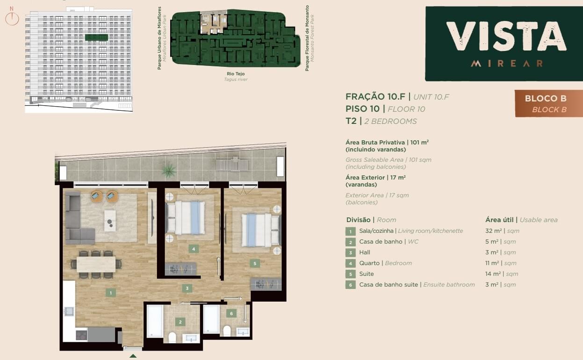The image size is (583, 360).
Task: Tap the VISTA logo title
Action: [506, 36]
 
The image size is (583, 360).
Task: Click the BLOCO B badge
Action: [549, 104]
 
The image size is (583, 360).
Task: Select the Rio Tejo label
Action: [236, 74]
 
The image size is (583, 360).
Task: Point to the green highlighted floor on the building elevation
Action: [97, 37]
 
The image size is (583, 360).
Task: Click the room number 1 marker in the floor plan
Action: [111, 293]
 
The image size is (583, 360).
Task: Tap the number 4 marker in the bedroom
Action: [194, 249]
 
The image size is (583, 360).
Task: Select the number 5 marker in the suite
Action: [254, 263]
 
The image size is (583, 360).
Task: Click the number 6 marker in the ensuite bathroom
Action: [231, 314]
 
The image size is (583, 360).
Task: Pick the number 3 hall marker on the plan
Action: [187, 288]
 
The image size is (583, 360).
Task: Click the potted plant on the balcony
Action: [169, 171]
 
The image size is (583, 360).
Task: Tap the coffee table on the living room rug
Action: [110, 221]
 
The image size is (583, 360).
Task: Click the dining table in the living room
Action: [96, 264]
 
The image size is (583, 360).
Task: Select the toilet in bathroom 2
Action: [172, 338]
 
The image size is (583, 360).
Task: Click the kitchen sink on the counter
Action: [69, 311]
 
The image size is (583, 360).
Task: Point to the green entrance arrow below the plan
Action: [133, 356]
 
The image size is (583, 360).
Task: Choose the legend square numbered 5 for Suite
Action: [351, 274]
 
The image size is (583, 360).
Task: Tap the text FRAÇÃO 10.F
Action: [375, 97]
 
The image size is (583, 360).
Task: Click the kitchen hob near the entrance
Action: [81, 335]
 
